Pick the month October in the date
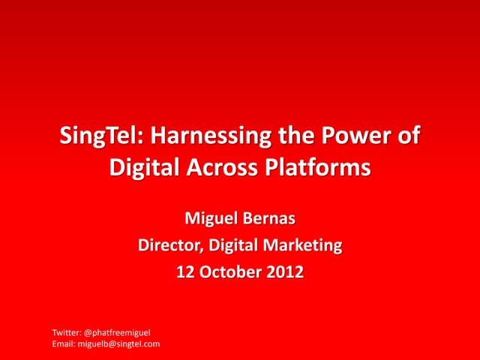229,271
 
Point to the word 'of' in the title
406,138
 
